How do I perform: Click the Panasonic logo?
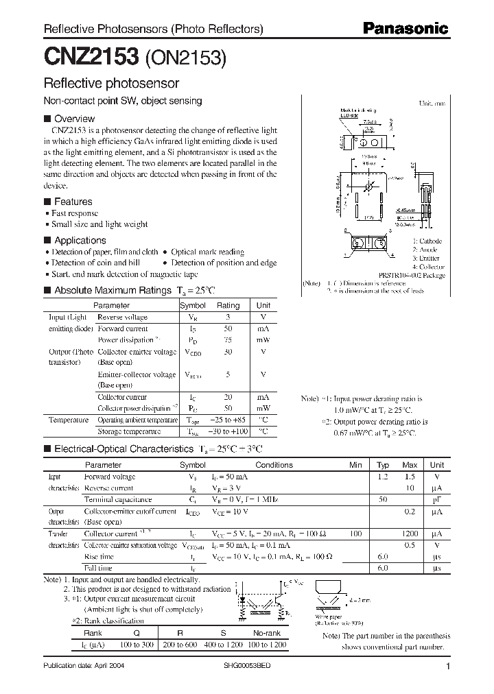[405, 29]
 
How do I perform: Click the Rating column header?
[228, 305]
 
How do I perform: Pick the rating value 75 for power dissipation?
[228, 340]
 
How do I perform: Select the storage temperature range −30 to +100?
[228, 431]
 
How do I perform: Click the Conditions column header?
[273, 465]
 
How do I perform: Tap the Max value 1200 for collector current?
[410, 534]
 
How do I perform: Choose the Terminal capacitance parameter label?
[118, 499]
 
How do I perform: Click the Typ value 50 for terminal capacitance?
[383, 499]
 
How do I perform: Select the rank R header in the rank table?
[180, 634]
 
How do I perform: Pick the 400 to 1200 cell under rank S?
[222, 645]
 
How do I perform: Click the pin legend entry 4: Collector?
[427, 266]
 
